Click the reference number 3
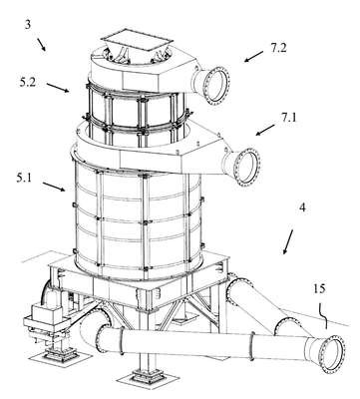pos(28,25)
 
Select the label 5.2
pos(27,82)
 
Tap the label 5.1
pos(24,179)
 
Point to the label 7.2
pos(278,48)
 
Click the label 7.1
pos(289,118)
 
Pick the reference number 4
pos(302,208)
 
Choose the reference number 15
pos(319,289)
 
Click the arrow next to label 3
pos(42,45)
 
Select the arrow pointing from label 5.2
pos(58,88)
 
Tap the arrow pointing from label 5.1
pos(54,187)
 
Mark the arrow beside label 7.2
pos(253,57)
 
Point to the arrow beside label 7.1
pos(265,130)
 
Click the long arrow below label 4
pos(288,241)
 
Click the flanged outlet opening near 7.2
pos(216,84)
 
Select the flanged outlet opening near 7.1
pos(247,167)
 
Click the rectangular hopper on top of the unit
pos(137,43)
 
